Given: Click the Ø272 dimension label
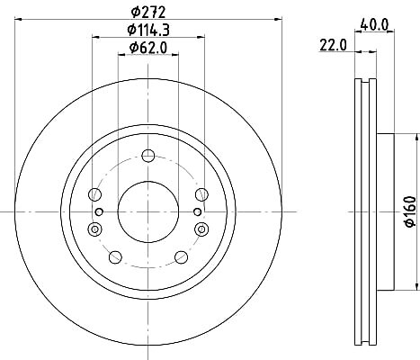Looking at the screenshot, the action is tap(148, 13).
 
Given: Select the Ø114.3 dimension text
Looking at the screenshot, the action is tap(148, 30).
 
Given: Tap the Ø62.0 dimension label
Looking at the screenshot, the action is tap(148, 48).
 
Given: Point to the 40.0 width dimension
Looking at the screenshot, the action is tap(374, 24).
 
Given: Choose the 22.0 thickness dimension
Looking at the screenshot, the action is tap(333, 45).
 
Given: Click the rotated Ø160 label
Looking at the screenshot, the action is tap(410, 211).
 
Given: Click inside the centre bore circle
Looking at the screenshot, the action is tap(148, 211).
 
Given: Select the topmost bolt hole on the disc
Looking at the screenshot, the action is tap(148, 156).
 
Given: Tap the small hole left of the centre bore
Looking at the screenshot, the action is tap(99, 212).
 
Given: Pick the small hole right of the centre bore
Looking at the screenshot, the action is tap(197, 212).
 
